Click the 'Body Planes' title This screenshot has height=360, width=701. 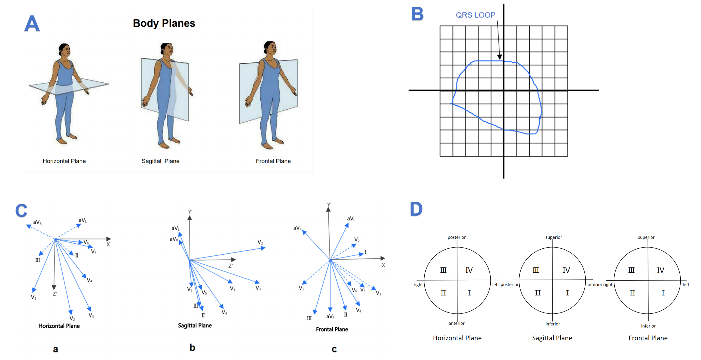point(164,24)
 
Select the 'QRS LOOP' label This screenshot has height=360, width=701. point(475,15)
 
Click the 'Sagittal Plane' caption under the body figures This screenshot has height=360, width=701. point(160,161)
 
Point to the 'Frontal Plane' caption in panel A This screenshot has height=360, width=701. point(273,161)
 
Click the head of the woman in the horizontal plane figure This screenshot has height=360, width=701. point(65,50)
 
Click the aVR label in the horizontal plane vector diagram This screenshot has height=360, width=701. point(37,222)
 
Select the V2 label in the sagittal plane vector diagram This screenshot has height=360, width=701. point(260,242)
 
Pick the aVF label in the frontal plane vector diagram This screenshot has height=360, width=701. point(330,316)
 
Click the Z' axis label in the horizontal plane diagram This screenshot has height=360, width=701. point(55,294)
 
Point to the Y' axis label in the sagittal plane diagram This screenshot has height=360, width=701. point(190,212)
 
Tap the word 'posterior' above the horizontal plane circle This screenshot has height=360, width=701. point(457,237)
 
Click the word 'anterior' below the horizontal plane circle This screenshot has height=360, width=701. point(457,323)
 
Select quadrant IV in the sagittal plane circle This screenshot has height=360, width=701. point(566,270)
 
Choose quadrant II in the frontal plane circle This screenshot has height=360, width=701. point(632,293)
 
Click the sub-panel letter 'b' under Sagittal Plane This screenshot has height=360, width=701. point(192,348)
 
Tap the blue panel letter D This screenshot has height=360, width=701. point(416,209)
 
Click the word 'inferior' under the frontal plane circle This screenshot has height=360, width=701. point(648,326)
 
